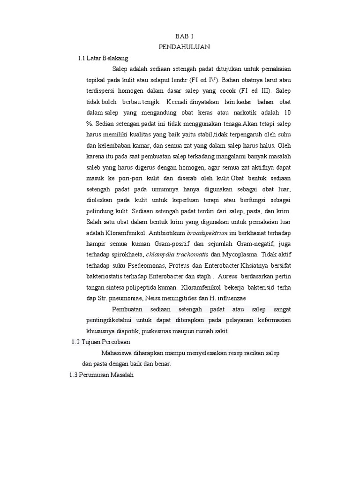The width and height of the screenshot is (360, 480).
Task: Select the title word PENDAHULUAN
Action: (184, 47)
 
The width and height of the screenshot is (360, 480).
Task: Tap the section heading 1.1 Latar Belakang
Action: (103, 58)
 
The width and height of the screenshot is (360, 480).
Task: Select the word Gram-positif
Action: (172, 243)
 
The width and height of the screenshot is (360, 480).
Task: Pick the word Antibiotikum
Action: (167, 232)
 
